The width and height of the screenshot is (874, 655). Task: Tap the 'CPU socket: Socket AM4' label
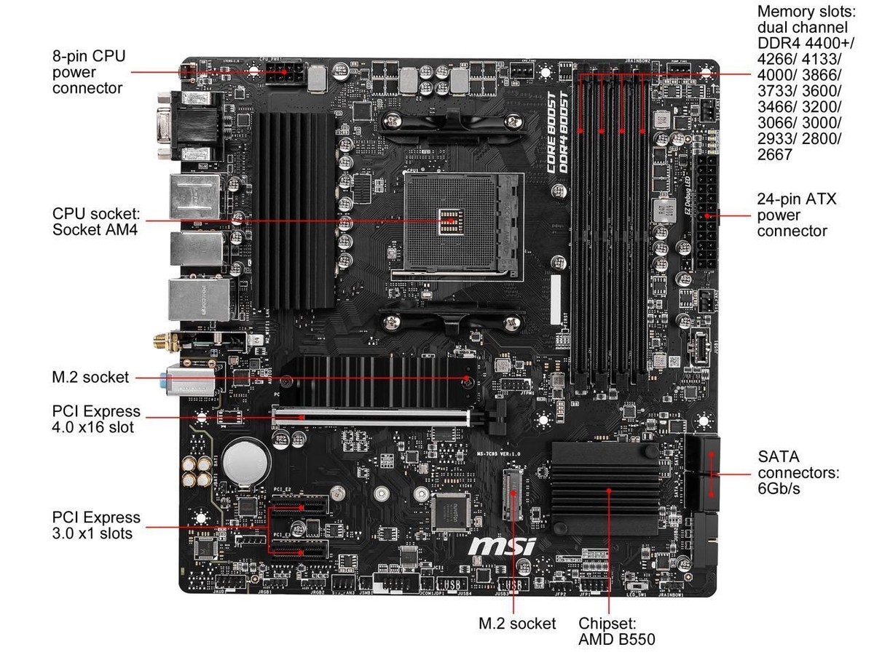point(95,222)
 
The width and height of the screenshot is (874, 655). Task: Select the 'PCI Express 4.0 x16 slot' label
point(96,419)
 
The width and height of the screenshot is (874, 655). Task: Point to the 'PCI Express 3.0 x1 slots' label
point(96,525)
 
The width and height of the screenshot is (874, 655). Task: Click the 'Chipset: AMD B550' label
point(617,632)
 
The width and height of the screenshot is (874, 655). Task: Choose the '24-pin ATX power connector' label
point(797,215)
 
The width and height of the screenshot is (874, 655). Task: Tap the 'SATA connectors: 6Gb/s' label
point(798,472)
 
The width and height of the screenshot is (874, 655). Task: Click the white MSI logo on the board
point(502,546)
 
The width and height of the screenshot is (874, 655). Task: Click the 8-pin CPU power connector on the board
point(286,75)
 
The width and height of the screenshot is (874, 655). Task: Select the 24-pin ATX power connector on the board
point(706,211)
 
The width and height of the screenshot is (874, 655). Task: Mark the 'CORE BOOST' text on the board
point(552,131)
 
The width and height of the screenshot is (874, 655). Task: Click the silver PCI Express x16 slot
point(371,417)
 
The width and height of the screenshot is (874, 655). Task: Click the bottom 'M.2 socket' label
point(517,624)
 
